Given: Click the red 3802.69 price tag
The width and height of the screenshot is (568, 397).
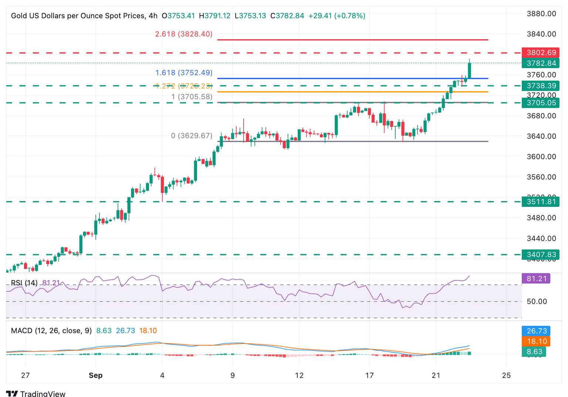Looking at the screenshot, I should [541, 53].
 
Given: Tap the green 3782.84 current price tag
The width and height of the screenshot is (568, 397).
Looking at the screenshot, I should [541, 63].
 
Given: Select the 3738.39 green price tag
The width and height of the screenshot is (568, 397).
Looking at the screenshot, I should [541, 86].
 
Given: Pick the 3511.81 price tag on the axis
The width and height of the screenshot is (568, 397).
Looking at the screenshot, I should [541, 202].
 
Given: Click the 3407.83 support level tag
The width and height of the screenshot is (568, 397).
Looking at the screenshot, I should [541, 255].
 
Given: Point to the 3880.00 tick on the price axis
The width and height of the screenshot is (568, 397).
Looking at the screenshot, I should [541, 14].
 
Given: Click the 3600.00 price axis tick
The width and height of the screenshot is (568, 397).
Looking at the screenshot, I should [541, 157].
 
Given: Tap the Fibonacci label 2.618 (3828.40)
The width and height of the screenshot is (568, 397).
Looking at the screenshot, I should [184, 34].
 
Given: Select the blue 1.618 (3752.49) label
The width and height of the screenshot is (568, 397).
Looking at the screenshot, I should [184, 73].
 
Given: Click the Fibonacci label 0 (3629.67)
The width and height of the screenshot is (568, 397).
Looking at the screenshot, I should [192, 136].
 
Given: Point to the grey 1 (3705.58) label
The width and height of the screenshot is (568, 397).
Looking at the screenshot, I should [192, 97].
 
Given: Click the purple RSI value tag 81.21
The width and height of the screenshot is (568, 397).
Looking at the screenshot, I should [536, 278].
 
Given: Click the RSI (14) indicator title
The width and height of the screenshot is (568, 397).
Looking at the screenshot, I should [24, 283].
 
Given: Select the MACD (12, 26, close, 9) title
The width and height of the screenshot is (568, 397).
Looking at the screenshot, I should [51, 330].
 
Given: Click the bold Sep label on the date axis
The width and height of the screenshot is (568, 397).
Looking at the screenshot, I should [95, 375].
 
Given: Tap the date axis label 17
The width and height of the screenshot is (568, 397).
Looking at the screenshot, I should [369, 375].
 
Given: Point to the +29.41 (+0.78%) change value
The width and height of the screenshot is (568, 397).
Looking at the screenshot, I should [337, 16].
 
